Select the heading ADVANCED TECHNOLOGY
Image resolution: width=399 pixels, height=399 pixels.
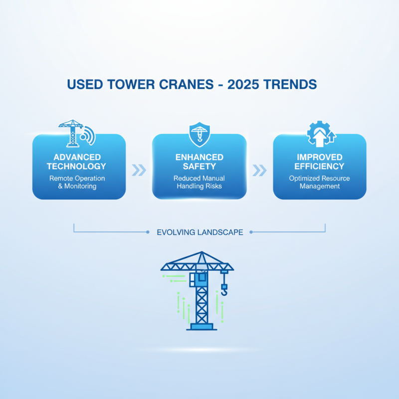[x=79, y=162]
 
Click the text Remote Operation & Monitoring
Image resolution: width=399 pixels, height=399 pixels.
[x=79, y=182]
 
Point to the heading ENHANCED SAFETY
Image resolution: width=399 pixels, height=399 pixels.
[x=199, y=162]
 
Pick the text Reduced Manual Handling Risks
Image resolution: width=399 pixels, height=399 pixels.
[x=199, y=182]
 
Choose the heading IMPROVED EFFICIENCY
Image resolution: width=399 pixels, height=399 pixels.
[x=319, y=162]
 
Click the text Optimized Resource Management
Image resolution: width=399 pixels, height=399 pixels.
[x=319, y=182]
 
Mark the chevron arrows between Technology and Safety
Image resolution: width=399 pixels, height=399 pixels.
[x=139, y=171]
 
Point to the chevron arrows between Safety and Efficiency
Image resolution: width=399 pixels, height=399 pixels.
[x=259, y=171]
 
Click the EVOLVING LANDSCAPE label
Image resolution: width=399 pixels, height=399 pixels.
[x=199, y=232]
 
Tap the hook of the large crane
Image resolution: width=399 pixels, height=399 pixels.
[x=224, y=290]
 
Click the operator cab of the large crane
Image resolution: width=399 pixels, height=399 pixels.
[x=201, y=279]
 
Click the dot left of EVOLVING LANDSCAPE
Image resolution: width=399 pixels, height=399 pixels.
[x=148, y=232]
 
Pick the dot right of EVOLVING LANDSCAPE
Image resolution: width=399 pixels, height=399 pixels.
[x=251, y=232]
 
